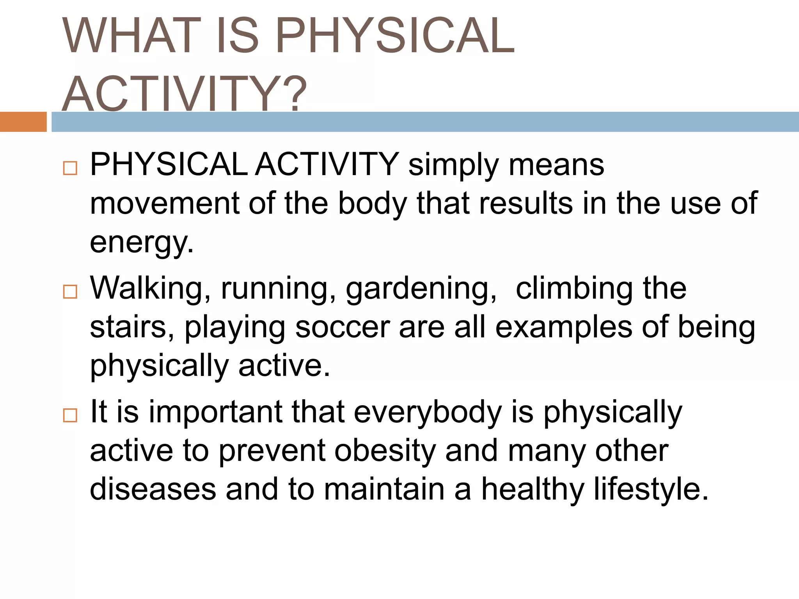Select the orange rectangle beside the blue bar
pos(23,122)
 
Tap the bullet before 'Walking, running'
pos(70,291)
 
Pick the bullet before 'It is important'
pos(70,415)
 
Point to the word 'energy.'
pos(142,243)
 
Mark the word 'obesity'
pos(385,451)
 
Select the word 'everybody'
pos(428,413)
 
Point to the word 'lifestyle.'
pos(651,489)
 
